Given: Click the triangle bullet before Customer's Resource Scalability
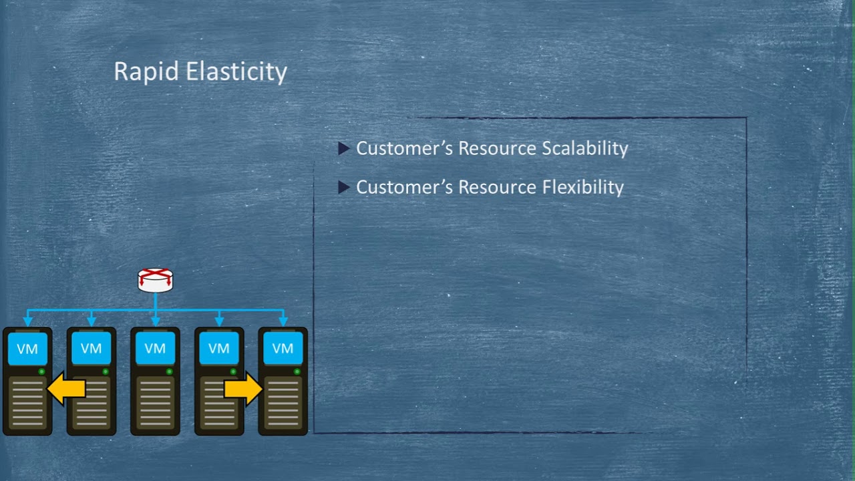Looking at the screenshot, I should [x=344, y=148].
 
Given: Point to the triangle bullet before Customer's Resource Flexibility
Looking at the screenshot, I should [x=344, y=188].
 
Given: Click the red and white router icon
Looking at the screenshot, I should [x=156, y=280].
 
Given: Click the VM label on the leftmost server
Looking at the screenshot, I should [x=27, y=349].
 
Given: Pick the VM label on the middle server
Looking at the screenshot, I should [x=155, y=349].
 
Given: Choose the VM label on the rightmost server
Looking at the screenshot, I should [x=283, y=349].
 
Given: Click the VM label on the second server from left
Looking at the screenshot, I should [x=92, y=349].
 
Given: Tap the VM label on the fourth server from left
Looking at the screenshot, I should [x=219, y=349].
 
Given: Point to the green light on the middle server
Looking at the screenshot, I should [x=169, y=371].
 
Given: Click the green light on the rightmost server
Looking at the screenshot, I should [x=297, y=371].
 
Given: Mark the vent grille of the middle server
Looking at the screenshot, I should [x=155, y=403].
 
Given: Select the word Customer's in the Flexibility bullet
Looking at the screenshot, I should [x=405, y=187].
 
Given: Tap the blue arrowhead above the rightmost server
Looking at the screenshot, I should [x=283, y=322].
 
